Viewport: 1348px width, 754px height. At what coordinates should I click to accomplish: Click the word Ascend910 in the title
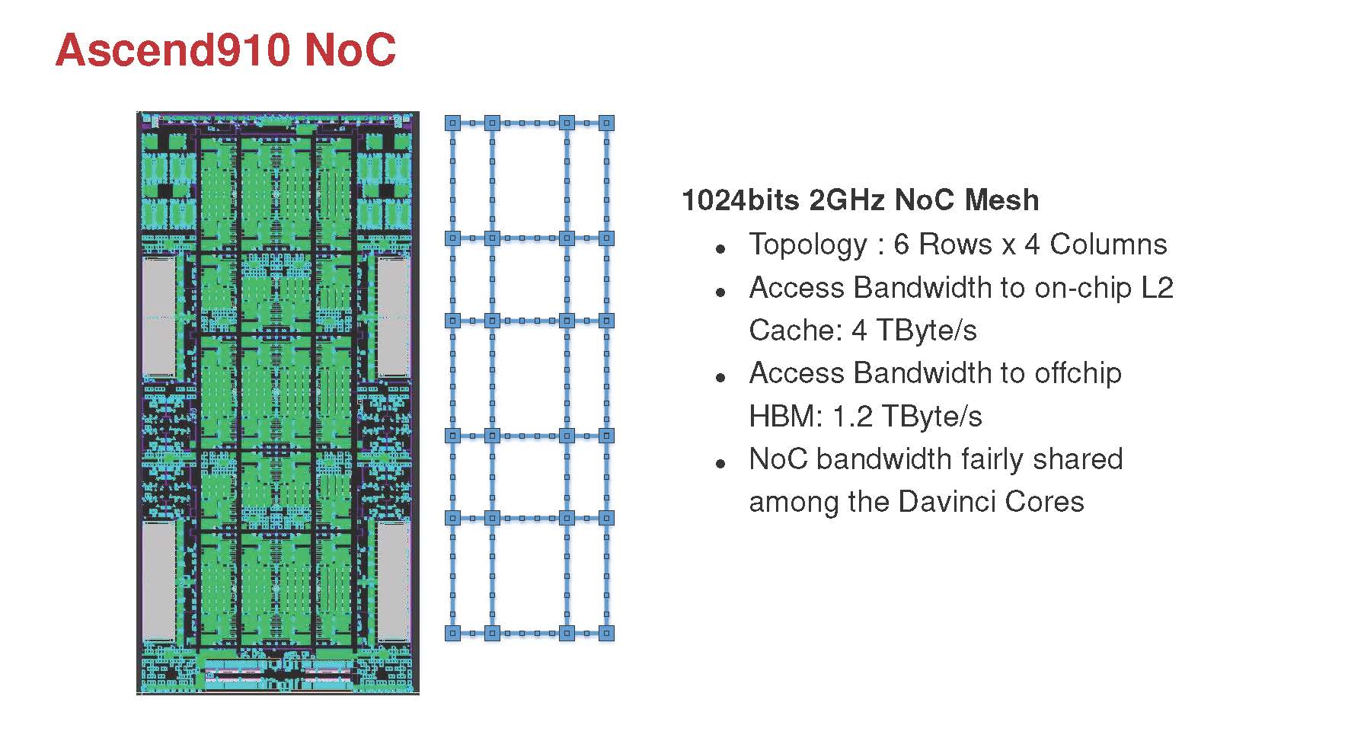click(x=173, y=50)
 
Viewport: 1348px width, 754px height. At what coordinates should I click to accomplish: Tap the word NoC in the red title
click(x=350, y=50)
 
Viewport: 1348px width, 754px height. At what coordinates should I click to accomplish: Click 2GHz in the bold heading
click(x=846, y=200)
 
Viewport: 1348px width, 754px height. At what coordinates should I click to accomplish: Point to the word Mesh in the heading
click(x=1001, y=200)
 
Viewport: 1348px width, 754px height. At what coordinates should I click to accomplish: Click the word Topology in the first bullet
click(x=808, y=244)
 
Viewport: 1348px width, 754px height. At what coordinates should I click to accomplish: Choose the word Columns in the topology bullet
click(x=1108, y=244)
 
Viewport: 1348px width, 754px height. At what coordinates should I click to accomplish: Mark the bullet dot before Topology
click(x=720, y=248)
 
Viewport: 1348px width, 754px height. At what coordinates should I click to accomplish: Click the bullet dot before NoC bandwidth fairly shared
click(x=720, y=463)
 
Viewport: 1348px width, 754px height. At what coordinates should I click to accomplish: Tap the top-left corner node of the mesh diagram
click(x=453, y=123)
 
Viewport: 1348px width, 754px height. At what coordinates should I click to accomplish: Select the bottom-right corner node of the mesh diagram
click(x=606, y=633)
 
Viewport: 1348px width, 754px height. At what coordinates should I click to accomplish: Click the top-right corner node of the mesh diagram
click(x=606, y=123)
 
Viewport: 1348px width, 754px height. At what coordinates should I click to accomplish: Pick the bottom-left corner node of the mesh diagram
click(x=453, y=633)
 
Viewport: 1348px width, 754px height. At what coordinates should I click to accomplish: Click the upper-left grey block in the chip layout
click(x=159, y=315)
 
